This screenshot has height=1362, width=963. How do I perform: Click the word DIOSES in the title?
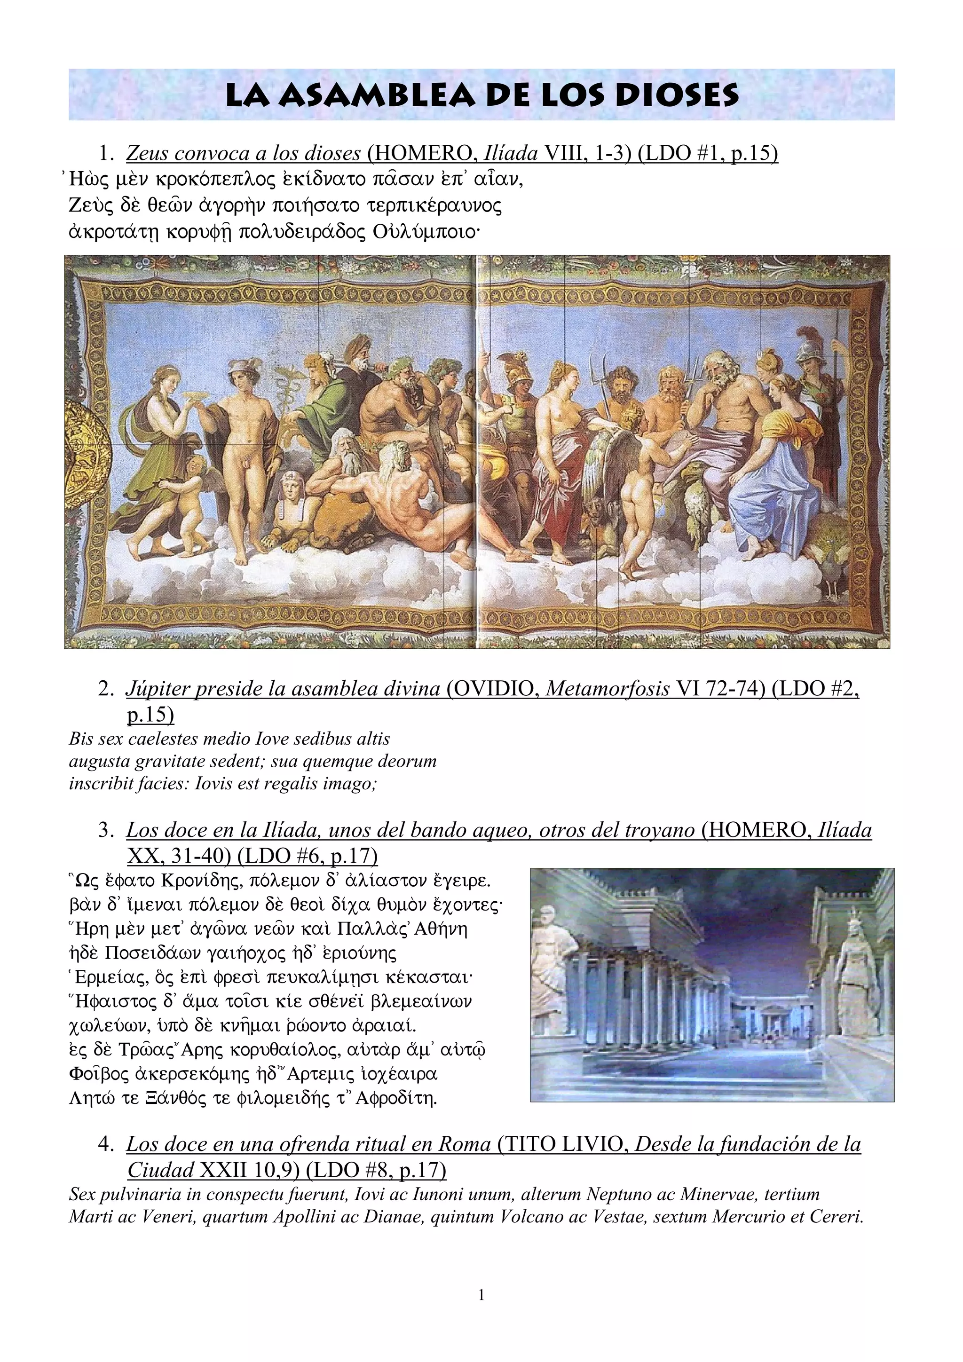coord(677,95)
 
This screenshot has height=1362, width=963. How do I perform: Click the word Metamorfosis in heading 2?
coord(607,689)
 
